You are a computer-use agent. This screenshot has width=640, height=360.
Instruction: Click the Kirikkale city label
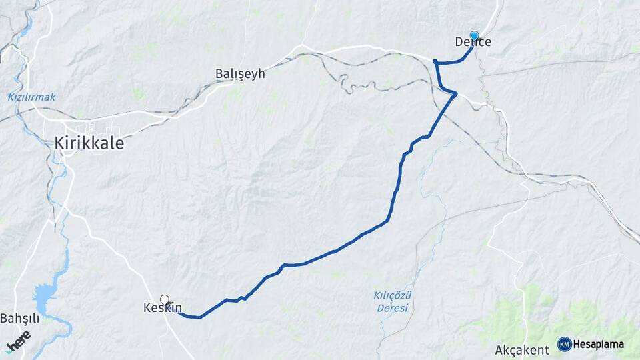point(89,142)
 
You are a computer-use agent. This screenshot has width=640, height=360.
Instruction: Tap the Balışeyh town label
point(240,73)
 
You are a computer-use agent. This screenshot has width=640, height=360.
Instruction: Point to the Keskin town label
point(163,308)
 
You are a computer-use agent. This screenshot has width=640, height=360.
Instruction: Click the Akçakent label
point(522,350)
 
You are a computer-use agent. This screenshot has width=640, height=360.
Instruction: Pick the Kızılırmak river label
point(31,97)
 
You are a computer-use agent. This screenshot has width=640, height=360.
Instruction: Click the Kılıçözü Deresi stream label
point(392,301)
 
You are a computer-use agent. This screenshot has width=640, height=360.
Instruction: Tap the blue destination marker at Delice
point(474,35)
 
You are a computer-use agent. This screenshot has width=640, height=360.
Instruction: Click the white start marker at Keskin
point(165,300)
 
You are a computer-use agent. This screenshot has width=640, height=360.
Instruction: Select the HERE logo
point(18,341)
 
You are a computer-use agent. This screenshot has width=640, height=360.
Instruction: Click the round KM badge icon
point(564,344)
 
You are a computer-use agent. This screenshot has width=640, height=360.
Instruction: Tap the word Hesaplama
point(598,345)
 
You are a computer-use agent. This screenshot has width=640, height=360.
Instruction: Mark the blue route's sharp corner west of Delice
point(435,62)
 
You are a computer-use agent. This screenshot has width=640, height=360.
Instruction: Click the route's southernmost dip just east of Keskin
point(199,317)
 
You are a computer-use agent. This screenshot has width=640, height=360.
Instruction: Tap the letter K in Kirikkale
point(59,142)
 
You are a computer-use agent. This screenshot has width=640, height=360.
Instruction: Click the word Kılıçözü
point(392,295)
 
